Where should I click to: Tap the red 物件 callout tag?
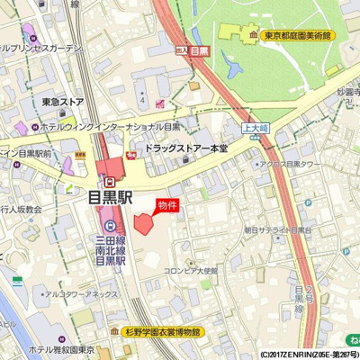tap(167, 205)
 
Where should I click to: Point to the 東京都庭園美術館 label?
tap(297, 36)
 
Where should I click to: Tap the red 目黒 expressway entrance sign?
tap(198, 53)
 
